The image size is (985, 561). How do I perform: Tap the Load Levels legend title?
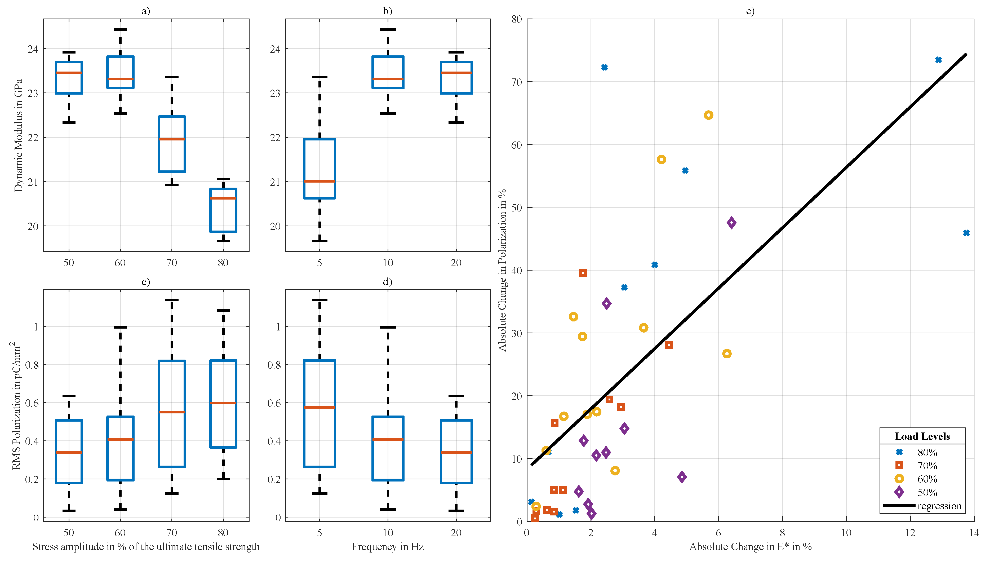pos(922,436)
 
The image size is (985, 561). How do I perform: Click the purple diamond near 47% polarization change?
pos(731,223)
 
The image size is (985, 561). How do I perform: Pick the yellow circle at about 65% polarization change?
pos(708,115)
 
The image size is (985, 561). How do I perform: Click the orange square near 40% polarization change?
pos(583,273)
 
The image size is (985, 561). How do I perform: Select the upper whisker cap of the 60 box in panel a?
pos(120,30)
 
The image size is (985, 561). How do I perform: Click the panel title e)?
pos(750,11)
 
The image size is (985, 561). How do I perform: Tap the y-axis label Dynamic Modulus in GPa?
pos(18,135)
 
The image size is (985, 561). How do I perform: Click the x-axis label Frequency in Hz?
pos(388,547)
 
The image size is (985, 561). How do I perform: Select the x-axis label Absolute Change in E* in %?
pos(750,547)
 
